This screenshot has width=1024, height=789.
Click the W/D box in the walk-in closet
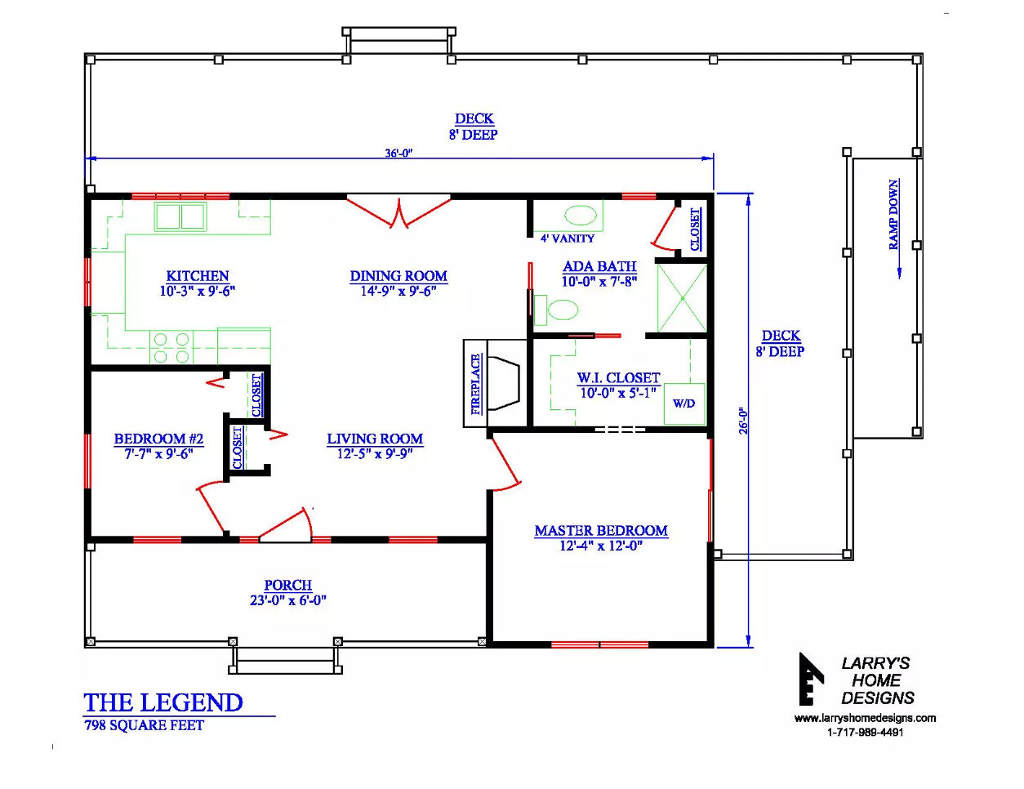684,404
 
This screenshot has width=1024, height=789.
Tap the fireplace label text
476,384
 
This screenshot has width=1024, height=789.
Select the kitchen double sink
180,216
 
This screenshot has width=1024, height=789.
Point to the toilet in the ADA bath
556,310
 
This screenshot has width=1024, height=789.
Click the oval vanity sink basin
581,216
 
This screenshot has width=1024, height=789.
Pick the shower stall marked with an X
682,298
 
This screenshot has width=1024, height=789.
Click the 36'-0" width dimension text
398,154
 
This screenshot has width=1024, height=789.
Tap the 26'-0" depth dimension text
743,421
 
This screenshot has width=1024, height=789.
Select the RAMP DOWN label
894,215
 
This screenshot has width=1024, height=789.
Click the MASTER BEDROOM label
601,531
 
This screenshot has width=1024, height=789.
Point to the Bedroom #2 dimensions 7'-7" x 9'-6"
158,454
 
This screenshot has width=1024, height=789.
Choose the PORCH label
288,585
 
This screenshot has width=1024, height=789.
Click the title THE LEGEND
163,702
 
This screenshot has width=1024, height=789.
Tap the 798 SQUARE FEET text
145,725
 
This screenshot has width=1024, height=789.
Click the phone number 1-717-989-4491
866,733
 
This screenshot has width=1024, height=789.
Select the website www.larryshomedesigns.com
866,718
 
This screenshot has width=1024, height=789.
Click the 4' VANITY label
568,238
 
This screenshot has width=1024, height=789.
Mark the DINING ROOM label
398,276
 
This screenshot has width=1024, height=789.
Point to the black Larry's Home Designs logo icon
811,679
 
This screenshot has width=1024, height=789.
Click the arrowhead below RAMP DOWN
899,274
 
